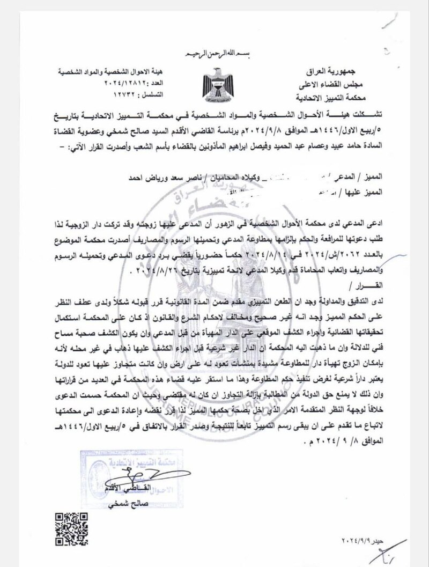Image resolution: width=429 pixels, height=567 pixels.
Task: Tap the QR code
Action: coord(68,524)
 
